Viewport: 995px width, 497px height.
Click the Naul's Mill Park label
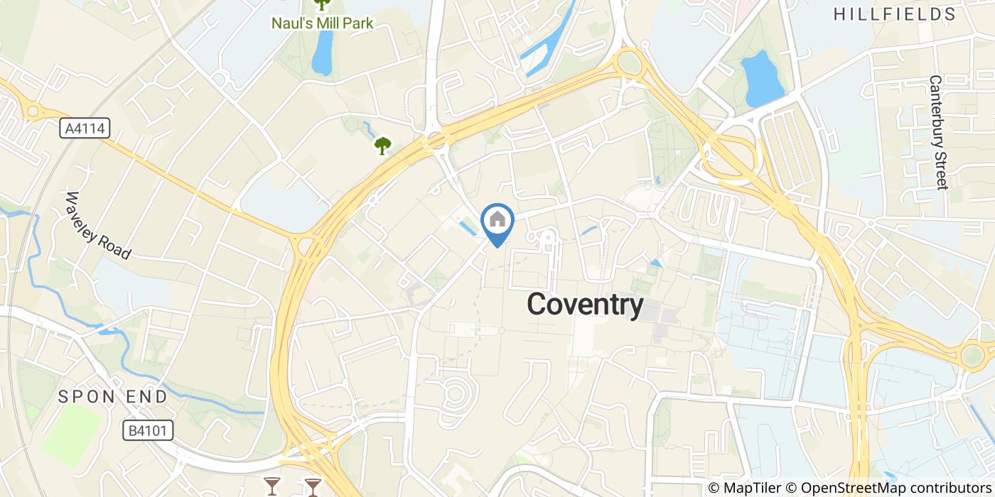(322, 23)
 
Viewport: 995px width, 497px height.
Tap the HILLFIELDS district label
(895, 14)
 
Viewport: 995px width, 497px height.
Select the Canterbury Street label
(938, 133)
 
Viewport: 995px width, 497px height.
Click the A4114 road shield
(84, 129)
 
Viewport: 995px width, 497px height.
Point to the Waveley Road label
(99, 225)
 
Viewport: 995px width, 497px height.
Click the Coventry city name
(585, 305)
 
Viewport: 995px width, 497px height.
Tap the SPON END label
(113, 396)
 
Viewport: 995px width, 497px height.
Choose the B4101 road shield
(147, 430)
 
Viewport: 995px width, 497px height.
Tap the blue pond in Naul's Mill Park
(322, 53)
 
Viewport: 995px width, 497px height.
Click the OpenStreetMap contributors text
(895, 488)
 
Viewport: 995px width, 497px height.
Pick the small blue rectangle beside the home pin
(469, 229)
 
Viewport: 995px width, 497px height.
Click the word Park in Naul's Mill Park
(357, 23)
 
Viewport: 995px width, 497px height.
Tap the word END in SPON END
(146, 396)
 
